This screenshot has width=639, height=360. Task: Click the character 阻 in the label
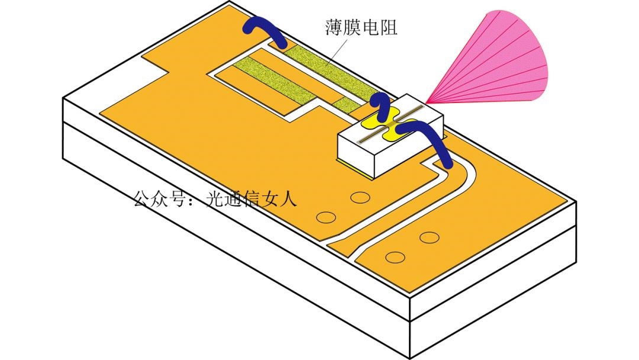click(x=388, y=27)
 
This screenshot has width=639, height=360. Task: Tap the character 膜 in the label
click(x=352, y=27)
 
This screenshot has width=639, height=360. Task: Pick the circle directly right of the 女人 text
click(x=325, y=217)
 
